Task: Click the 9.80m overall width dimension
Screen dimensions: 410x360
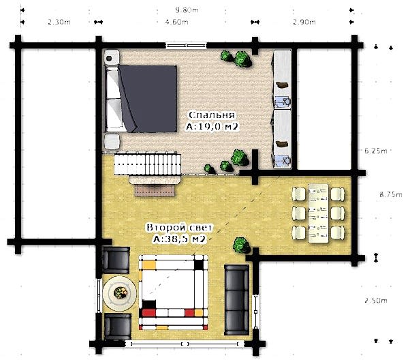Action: (187, 10)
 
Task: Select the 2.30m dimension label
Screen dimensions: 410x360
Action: (59, 22)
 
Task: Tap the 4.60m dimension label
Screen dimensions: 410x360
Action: (177, 22)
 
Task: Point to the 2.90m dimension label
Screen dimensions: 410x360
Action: (304, 22)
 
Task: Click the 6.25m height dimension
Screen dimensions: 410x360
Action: (375, 151)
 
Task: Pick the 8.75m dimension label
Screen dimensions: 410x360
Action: (391, 194)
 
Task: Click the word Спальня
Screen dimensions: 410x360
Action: (212, 115)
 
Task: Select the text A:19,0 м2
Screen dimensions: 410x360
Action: (212, 127)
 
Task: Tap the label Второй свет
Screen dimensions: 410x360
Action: (179, 227)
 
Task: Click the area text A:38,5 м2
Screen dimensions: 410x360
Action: (179, 239)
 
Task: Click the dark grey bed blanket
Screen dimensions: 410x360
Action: (148, 99)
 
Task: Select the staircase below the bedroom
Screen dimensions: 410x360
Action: (148, 164)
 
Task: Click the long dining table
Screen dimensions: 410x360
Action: (318, 213)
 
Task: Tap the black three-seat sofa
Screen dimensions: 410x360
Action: (236, 300)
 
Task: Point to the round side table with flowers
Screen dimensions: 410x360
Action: (119, 293)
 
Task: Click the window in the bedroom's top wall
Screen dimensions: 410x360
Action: (186, 46)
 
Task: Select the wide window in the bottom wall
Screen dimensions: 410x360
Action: (185, 344)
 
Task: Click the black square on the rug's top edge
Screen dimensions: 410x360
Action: (199, 265)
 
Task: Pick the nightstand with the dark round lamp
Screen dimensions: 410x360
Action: (112, 57)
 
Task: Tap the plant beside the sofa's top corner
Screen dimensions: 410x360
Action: (241, 245)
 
